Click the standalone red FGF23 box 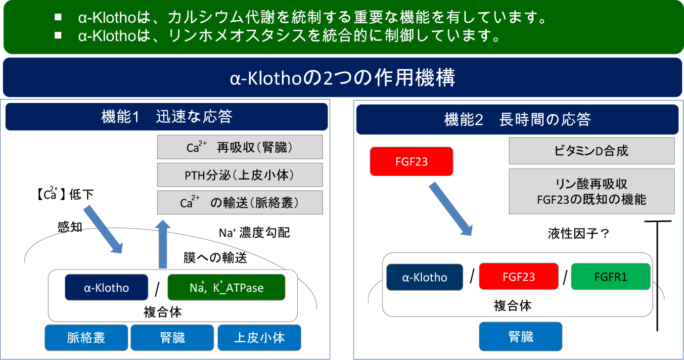[x=411, y=161]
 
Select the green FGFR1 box [x=611, y=276]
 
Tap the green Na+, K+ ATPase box [x=227, y=287]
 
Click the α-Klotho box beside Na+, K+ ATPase [x=106, y=287]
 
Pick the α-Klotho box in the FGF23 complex [x=424, y=277]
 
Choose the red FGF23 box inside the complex [x=518, y=276]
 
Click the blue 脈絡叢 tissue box [x=86, y=337]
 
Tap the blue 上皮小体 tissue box [x=259, y=337]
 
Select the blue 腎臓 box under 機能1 [x=172, y=337]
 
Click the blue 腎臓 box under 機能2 [x=520, y=336]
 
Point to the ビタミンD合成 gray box [x=592, y=150]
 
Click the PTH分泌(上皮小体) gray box [x=240, y=175]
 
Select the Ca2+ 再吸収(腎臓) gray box [x=240, y=147]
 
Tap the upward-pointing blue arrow [x=163, y=244]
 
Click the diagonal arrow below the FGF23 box [x=451, y=209]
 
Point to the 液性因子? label [x=579, y=233]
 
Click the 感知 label [x=70, y=227]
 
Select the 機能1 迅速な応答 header [x=166, y=117]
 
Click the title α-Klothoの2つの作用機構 [x=342, y=77]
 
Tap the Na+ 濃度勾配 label [x=254, y=233]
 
